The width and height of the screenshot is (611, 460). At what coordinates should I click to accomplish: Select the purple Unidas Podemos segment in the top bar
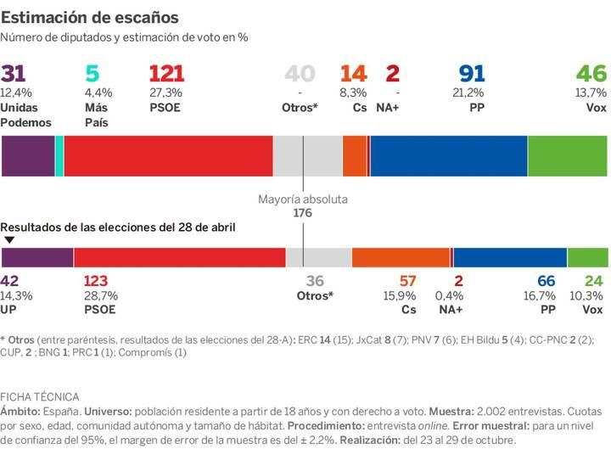27,155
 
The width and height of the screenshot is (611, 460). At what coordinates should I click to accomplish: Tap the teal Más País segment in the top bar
59,155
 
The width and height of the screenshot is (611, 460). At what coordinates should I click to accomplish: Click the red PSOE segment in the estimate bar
168,155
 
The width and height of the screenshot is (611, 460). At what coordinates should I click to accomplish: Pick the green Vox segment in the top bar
568,155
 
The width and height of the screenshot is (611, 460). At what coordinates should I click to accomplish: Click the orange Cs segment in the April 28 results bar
400,258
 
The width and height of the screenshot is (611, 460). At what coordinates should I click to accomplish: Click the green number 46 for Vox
591,74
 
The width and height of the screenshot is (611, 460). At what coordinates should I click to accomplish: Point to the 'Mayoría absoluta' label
303,199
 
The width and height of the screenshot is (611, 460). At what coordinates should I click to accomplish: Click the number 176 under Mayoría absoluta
303,213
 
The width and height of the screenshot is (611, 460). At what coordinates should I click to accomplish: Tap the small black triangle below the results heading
8,240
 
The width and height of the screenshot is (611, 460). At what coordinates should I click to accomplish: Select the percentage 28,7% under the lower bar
101,295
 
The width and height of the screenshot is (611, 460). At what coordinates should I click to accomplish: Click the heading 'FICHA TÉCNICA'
40,396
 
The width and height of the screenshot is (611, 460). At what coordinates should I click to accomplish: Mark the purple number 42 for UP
10,281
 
